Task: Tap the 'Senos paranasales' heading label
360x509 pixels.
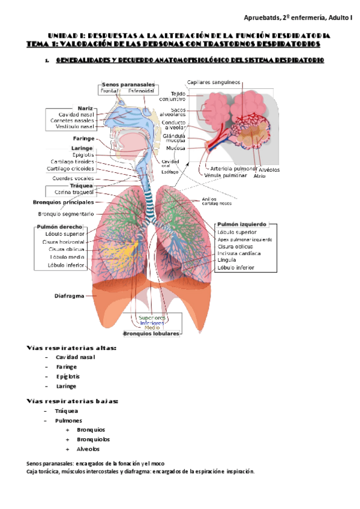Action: tap(128, 85)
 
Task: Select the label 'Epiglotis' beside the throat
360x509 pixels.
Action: tap(83, 155)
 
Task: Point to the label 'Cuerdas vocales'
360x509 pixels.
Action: tap(73, 178)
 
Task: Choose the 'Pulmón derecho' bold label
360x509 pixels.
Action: tap(59, 226)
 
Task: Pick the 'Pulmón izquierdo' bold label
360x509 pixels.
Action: tap(242, 224)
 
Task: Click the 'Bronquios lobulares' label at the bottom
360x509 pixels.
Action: tap(151, 333)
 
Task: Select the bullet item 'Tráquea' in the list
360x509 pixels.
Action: tap(67, 411)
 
